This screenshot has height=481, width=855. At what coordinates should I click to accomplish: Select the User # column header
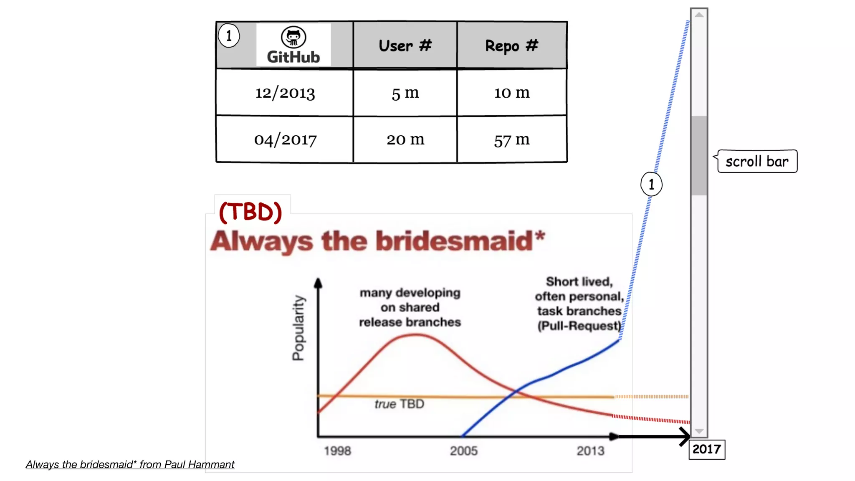pyautogui.click(x=405, y=46)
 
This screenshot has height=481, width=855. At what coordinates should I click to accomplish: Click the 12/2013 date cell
pyautogui.click(x=285, y=93)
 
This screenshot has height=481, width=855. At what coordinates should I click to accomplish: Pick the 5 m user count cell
pyautogui.click(x=405, y=93)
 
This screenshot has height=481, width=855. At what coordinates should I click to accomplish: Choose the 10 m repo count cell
pyautogui.click(x=511, y=93)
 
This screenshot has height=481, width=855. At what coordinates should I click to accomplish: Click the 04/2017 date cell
pyautogui.click(x=285, y=139)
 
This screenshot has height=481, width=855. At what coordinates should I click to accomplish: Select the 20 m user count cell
pyautogui.click(x=405, y=139)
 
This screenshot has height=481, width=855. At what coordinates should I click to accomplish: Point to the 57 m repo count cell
pyautogui.click(x=511, y=140)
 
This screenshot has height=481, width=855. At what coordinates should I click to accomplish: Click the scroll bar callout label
pyautogui.click(x=757, y=162)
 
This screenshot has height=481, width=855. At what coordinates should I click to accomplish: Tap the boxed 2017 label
pyautogui.click(x=706, y=449)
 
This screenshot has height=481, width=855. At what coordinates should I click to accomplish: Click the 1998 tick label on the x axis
pyautogui.click(x=337, y=451)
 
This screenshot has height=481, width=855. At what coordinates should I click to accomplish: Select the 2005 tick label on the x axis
pyautogui.click(x=463, y=451)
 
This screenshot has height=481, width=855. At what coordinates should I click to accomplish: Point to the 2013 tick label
pyautogui.click(x=590, y=451)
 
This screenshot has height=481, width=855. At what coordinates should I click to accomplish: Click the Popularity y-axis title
pyautogui.click(x=298, y=328)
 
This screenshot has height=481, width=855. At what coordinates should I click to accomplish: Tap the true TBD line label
pyautogui.click(x=399, y=404)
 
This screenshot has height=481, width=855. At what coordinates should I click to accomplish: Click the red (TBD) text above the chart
pyautogui.click(x=250, y=212)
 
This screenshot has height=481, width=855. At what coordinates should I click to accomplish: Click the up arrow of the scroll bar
pyautogui.click(x=699, y=15)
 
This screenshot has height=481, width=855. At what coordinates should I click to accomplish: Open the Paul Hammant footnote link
pyautogui.click(x=130, y=464)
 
